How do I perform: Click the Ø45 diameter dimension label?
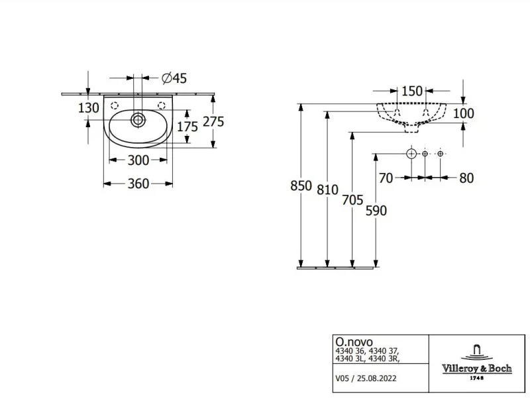click(174, 78)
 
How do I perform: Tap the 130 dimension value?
click(89, 108)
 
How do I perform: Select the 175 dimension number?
click(187, 127)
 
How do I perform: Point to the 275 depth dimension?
click(213, 121)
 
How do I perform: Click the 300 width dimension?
click(138, 160)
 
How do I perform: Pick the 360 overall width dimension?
click(138, 184)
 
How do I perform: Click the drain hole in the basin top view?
click(138, 120)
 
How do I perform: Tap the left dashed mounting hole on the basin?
click(115, 105)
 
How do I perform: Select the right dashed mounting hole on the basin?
click(162, 105)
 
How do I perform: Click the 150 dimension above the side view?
click(411, 91)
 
